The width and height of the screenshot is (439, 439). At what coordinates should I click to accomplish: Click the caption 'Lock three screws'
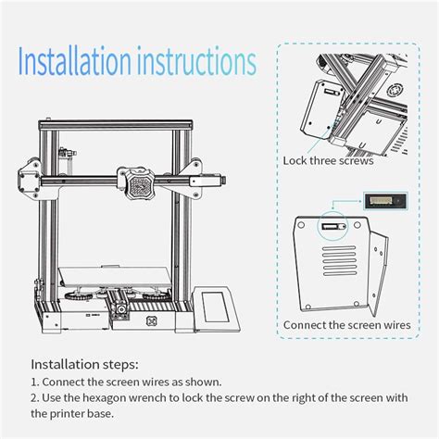(328, 160)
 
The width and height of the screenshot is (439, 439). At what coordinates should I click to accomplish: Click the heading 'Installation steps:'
(84, 364)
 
